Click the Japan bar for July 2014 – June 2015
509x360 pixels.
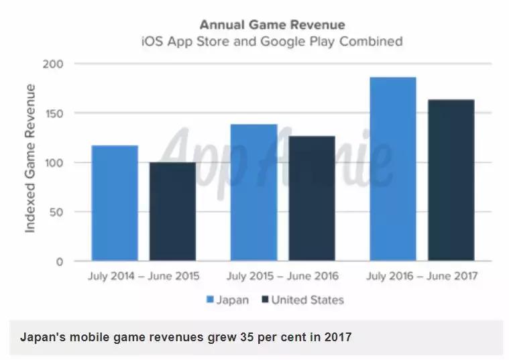pyautogui.click(x=115, y=203)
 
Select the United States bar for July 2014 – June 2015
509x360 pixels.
pyautogui.click(x=172, y=211)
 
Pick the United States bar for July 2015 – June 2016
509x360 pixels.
pyautogui.click(x=312, y=198)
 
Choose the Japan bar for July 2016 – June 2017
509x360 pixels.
pyautogui.click(x=393, y=169)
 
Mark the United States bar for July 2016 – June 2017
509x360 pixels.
pyautogui.click(x=451, y=180)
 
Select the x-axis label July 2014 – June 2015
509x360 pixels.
pyautogui.click(x=144, y=276)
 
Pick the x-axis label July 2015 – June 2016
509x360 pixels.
pyautogui.click(x=282, y=276)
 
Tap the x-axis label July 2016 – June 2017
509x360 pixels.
pyautogui.click(x=422, y=276)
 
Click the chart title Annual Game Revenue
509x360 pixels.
pyautogui.click(x=272, y=25)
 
